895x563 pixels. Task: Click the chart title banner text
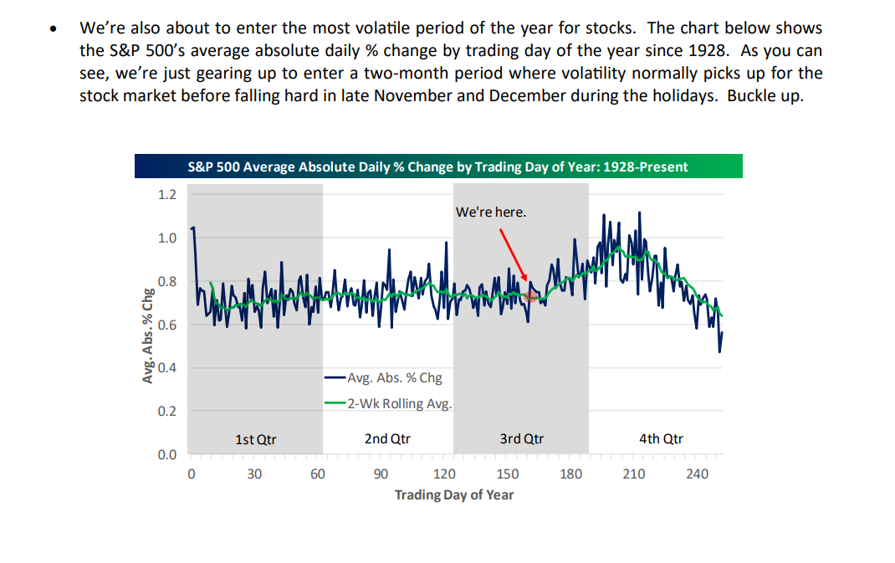click(437, 166)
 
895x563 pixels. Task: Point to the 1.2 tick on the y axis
click(167, 195)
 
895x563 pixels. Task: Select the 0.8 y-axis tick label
click(167, 281)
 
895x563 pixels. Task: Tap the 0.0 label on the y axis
click(167, 454)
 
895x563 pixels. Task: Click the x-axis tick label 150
click(507, 474)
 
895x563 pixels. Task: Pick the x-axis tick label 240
click(697, 474)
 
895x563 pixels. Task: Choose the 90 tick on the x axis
click(381, 474)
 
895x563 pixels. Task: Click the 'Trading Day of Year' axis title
click(454, 494)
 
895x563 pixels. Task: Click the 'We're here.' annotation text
click(491, 212)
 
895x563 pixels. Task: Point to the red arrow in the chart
click(513, 251)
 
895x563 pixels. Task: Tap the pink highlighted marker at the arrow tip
click(530, 294)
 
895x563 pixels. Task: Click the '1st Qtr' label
click(255, 438)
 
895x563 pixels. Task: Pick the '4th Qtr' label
click(661, 438)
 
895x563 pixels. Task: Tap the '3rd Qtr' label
click(522, 438)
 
